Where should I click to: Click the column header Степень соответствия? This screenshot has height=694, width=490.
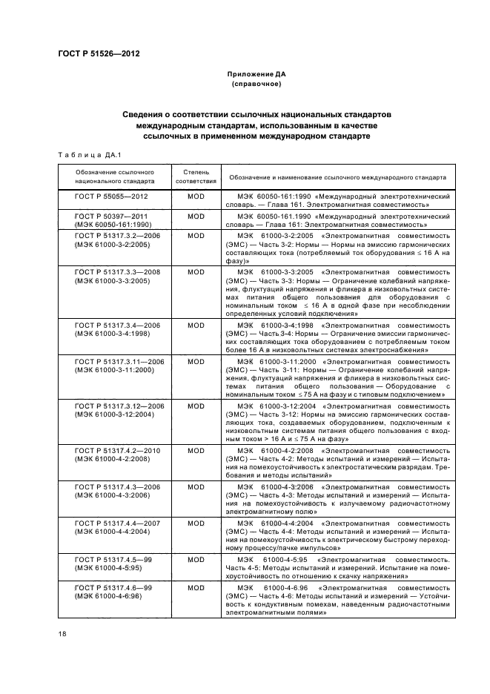(196, 175)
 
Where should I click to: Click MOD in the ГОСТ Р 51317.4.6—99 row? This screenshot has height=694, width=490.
(196, 586)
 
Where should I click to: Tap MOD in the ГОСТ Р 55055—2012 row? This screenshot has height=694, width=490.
(196, 197)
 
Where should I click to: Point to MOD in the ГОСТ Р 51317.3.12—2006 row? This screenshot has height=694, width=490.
(196, 406)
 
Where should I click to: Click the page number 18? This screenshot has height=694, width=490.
(62, 635)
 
